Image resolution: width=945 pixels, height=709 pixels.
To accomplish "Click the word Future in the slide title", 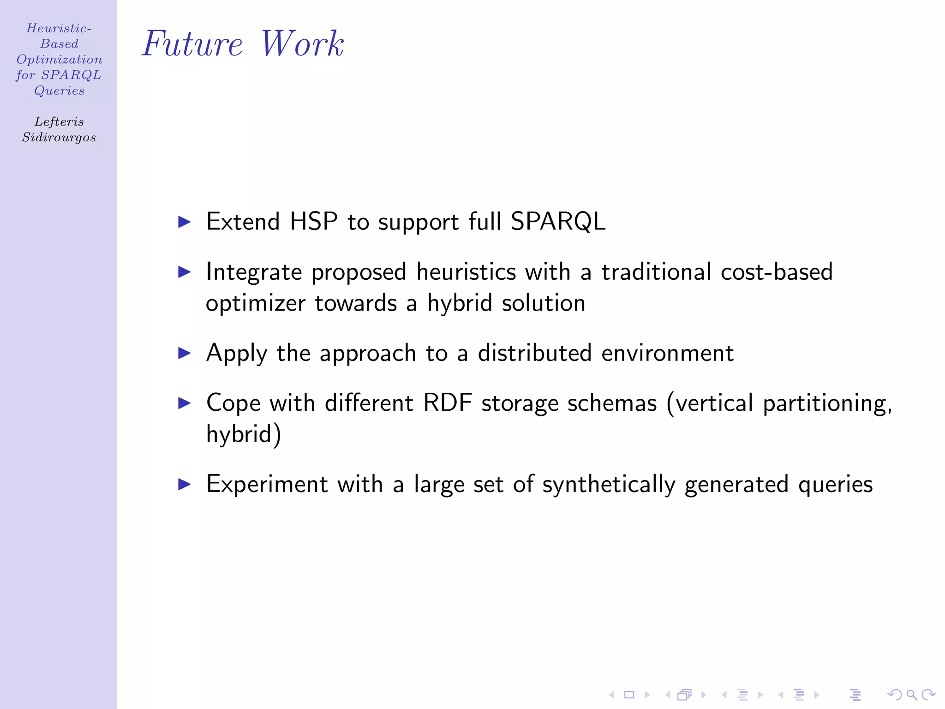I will pyautogui.click(x=192, y=44).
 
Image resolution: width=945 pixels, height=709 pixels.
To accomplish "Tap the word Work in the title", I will pyautogui.click(x=302, y=44).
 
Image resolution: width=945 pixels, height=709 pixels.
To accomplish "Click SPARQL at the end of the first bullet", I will pyautogui.click(x=558, y=222).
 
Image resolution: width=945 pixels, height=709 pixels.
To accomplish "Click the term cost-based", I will pyautogui.click(x=777, y=272).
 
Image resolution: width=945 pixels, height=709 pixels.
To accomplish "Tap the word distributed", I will pyautogui.click(x=534, y=354).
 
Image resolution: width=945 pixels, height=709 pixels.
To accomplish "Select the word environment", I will pyautogui.click(x=667, y=354).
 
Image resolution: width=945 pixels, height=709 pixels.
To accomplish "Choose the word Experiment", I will pyautogui.click(x=267, y=485).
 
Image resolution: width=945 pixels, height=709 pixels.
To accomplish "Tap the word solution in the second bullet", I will pyautogui.click(x=544, y=304).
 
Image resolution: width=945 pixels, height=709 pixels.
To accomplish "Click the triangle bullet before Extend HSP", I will pyautogui.click(x=185, y=222).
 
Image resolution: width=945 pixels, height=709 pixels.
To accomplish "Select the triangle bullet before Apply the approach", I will pyautogui.click(x=185, y=354).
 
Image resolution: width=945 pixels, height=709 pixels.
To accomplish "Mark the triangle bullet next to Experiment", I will pyautogui.click(x=185, y=485).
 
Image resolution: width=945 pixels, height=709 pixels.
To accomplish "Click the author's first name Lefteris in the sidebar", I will pyautogui.click(x=59, y=122).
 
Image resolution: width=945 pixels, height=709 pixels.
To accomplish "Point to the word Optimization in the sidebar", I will pyautogui.click(x=59, y=60).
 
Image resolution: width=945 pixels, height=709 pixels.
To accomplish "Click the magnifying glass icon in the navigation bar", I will pyautogui.click(x=911, y=695).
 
